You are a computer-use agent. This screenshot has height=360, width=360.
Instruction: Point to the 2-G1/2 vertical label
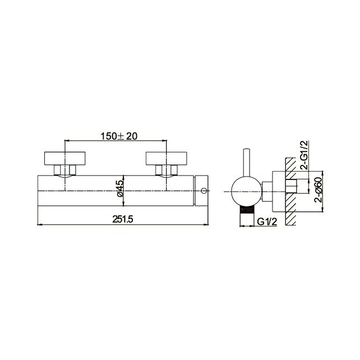coord(304,156)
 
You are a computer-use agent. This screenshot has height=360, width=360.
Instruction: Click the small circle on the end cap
coord(203,191)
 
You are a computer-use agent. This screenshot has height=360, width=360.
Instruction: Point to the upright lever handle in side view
coord(246,162)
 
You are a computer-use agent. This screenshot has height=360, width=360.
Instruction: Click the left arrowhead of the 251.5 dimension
coord(39,224)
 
